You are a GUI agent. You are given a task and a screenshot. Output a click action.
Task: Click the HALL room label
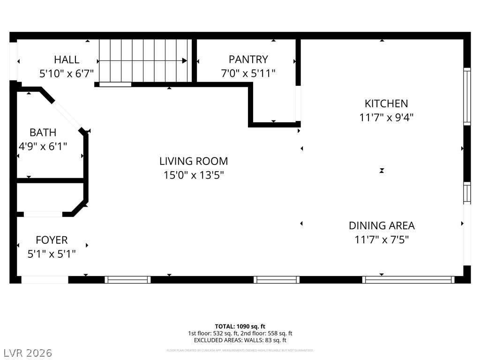67,60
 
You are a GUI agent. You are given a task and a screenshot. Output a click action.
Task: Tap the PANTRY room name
248,60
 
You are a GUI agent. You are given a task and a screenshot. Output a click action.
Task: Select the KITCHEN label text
386,104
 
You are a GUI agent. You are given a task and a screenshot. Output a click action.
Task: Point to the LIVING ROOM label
194,162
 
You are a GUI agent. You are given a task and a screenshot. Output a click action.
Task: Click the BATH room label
43,133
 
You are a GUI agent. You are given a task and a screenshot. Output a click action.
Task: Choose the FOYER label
52,240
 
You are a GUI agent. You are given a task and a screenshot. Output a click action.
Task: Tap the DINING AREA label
382,225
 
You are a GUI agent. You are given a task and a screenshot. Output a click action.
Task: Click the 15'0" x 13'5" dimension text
194,176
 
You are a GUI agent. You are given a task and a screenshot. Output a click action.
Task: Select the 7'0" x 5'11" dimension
248,74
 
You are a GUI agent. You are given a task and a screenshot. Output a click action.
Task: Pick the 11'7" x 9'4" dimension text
386,118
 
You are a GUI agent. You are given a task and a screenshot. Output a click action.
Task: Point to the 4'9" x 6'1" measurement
43,147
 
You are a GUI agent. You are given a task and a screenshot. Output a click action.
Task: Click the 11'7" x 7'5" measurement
382,240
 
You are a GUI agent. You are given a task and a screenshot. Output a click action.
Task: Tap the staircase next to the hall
143,60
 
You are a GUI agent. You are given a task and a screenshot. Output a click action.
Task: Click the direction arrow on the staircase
185,61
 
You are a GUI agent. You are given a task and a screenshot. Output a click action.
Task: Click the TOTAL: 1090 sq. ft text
240,326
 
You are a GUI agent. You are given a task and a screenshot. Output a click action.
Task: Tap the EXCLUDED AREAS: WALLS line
240,340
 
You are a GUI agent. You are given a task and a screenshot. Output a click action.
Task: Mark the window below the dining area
408,280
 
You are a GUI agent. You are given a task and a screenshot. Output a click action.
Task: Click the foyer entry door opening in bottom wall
45,280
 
